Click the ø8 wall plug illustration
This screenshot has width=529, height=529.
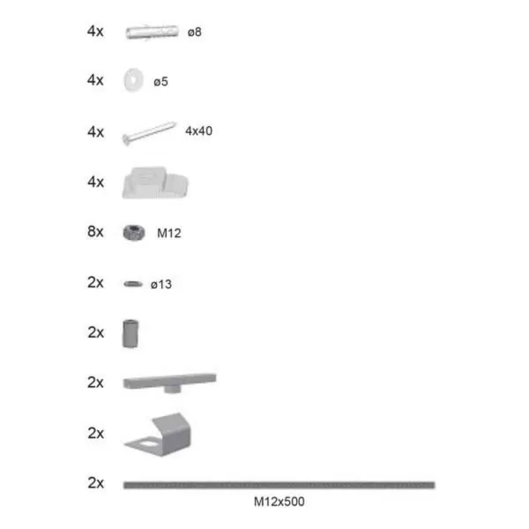pos(153,32)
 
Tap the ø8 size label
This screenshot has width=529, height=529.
pos(195,33)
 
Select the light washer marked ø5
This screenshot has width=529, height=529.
pos(134,80)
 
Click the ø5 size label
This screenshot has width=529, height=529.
pos(160,82)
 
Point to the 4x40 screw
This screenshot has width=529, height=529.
pos(149,133)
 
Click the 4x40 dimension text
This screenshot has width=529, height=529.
pos(198,130)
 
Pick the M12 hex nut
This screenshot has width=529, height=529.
pos(134,233)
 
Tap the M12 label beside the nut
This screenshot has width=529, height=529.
pos(169,233)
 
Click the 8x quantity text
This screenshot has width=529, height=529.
pos(95,232)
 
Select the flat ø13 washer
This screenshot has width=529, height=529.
pos(133,284)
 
